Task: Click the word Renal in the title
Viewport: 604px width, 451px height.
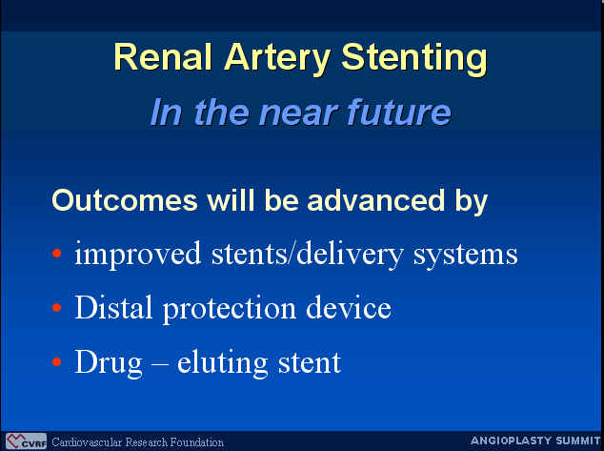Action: coord(163,57)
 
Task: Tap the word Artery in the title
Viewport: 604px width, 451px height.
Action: coord(277,60)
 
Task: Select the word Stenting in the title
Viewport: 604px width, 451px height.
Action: coord(414,60)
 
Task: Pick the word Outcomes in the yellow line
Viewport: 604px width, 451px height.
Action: coord(125,200)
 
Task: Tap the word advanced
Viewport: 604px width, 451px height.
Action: coord(376,200)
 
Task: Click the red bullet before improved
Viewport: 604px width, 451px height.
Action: coord(56,254)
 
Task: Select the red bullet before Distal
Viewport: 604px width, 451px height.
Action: coord(56,307)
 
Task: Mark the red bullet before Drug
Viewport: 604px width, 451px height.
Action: coord(56,361)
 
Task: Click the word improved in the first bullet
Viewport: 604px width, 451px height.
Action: coord(137,255)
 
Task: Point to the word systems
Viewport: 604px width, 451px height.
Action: coord(465,256)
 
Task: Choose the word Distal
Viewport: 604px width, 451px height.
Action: coord(113,307)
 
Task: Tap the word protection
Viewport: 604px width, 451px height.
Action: coord(230,309)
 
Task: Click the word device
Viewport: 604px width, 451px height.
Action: coord(349,307)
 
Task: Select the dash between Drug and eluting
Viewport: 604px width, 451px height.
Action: coord(160,363)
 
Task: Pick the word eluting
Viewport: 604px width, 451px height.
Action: coord(222,363)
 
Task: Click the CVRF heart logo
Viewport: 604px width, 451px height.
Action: coord(26,441)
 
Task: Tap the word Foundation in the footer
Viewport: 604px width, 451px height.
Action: coord(197,441)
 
